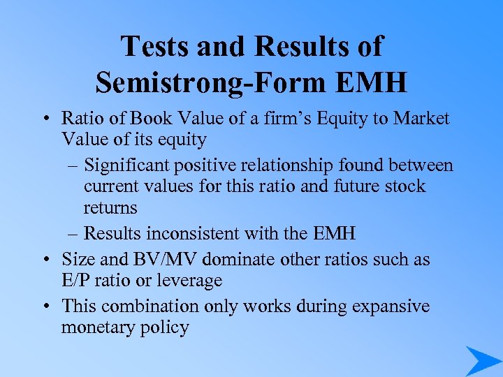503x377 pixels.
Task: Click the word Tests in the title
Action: tap(155, 46)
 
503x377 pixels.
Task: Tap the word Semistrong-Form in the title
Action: tap(209, 82)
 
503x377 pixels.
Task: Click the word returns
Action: tap(110, 207)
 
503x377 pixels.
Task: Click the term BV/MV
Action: tap(161, 259)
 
